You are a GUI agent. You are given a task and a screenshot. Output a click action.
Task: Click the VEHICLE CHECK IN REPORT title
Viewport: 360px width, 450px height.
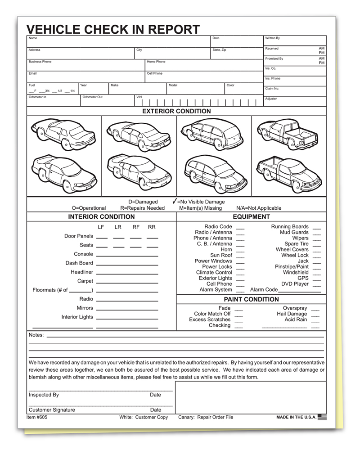coord(113,29)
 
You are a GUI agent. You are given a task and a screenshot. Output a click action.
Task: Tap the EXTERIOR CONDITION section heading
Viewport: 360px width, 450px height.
coord(176,111)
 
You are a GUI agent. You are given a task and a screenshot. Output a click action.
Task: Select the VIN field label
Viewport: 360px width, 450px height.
coord(139,97)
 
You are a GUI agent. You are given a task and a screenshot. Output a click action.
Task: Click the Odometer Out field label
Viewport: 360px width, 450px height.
coord(92,97)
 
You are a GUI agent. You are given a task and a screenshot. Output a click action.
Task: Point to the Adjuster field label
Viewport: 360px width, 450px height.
coord(271,99)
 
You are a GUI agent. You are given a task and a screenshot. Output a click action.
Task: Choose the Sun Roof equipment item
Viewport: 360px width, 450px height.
coord(221,255)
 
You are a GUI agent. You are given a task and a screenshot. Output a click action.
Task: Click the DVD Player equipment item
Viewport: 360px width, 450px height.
coord(295,284)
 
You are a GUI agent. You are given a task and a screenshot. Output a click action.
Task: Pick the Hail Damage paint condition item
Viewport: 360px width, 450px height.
coord(292,314)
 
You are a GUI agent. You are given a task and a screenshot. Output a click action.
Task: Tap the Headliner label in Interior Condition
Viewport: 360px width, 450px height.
coord(81,272)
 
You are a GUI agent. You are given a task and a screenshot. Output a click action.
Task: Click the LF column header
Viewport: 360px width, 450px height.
coord(101,227)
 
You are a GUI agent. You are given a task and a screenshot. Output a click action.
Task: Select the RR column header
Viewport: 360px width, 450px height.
coord(152,227)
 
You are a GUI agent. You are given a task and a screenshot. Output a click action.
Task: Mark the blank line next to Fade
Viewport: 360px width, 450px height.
coord(238,310)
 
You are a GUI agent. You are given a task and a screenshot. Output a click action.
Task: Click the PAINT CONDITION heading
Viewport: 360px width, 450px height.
coord(251,299)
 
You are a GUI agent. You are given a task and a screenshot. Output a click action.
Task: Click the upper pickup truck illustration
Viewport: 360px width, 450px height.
coord(288,134)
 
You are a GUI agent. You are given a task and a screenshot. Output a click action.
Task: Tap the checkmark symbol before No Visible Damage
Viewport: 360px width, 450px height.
coord(174,201)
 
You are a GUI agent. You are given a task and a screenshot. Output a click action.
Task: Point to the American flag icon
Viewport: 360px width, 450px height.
coord(322,417)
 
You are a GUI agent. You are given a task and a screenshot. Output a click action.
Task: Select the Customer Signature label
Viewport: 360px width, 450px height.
coord(52,410)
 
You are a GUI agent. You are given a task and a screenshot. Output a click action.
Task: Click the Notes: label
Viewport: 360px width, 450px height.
coord(36,335)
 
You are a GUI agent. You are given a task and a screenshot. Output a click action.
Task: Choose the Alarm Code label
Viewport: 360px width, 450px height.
coord(264,290)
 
